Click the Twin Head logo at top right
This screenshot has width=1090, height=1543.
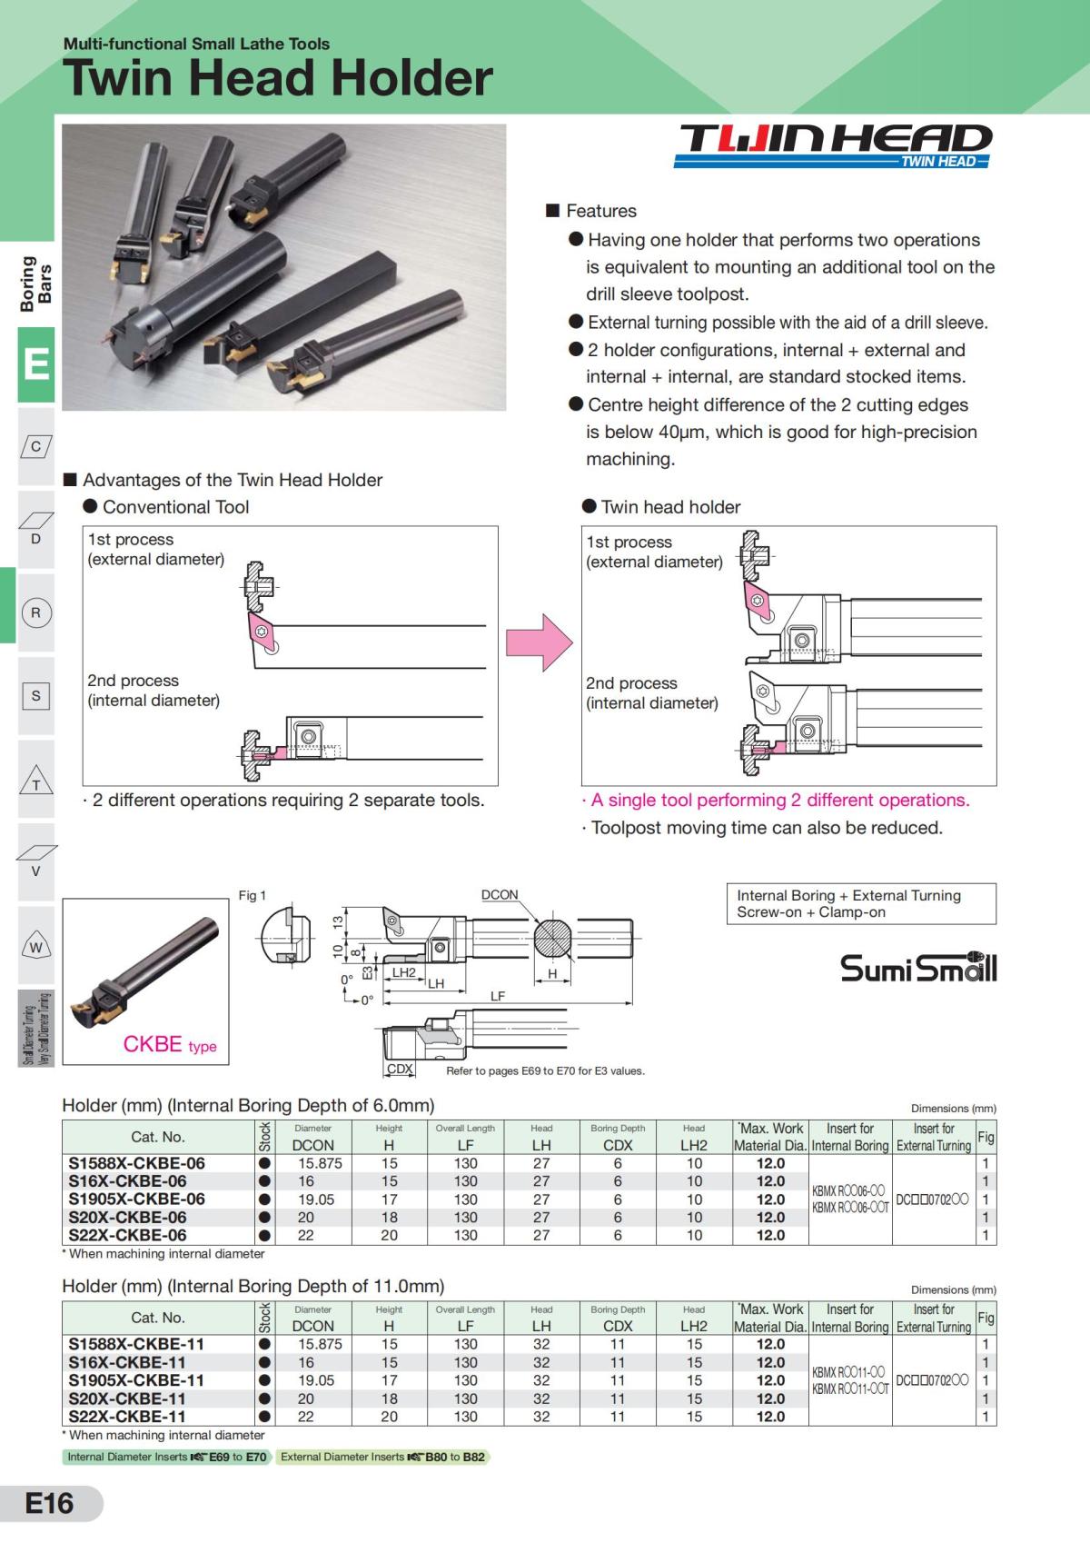point(832,145)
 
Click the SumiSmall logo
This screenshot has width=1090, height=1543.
point(918,967)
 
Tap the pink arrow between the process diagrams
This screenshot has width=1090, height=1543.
point(540,642)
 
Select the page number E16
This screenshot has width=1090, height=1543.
point(49,1503)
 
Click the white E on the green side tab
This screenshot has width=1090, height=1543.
point(35,363)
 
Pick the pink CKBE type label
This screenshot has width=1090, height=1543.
point(169,1044)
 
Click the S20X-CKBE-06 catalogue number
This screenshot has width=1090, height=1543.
point(127,1217)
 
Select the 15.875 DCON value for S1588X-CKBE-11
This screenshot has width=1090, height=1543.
point(320,1344)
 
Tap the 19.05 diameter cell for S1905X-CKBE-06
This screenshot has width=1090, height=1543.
point(316,1200)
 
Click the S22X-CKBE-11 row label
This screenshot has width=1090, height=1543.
point(127,1417)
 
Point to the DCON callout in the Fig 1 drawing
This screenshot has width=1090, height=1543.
point(500,895)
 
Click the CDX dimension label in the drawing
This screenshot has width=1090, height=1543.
point(400,1069)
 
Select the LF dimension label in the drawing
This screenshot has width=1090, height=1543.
point(497,996)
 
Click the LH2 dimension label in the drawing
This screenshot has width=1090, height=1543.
point(404,972)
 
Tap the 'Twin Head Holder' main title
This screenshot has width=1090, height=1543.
point(277,78)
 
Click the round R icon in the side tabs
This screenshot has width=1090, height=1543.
point(35,612)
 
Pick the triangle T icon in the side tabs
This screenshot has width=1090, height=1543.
point(36,781)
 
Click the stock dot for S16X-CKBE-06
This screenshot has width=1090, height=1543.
point(264,1181)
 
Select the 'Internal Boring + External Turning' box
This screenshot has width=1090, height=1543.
point(861,904)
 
